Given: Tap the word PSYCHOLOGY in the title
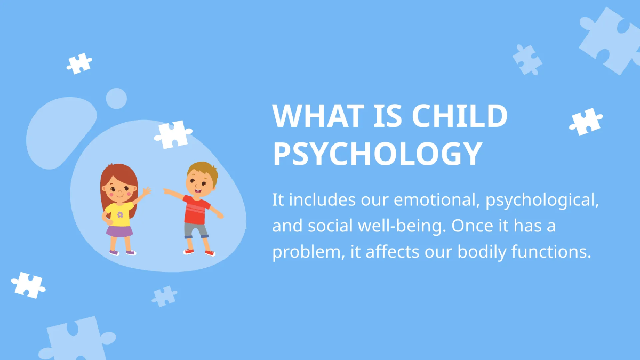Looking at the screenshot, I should pyautogui.click(x=377, y=153).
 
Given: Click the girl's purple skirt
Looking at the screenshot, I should pyautogui.click(x=119, y=230).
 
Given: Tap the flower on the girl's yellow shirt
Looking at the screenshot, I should pyautogui.click(x=120, y=214).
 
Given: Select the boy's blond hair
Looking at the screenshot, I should pyautogui.click(x=203, y=170).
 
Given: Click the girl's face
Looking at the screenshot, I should pyautogui.click(x=119, y=190).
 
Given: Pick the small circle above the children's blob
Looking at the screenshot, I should pyautogui.click(x=116, y=99).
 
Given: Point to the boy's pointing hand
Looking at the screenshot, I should pyautogui.click(x=165, y=190).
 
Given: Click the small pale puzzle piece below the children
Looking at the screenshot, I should pyautogui.click(x=164, y=296).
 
